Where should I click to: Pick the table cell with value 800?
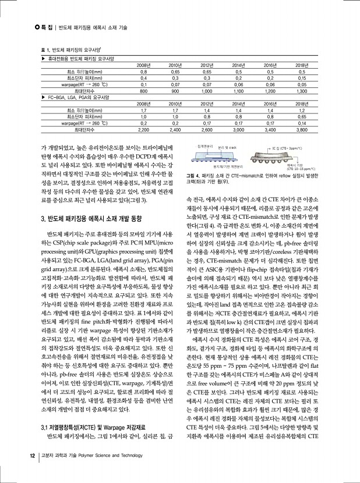[x=139, y=91]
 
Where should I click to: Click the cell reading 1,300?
[x=301, y=91]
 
